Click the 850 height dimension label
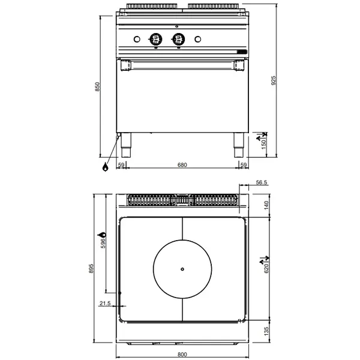(97, 88)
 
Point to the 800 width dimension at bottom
(182, 355)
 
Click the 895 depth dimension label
(92, 269)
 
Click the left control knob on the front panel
(155, 40)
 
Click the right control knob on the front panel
(178, 40)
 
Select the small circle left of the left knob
(137, 40)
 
